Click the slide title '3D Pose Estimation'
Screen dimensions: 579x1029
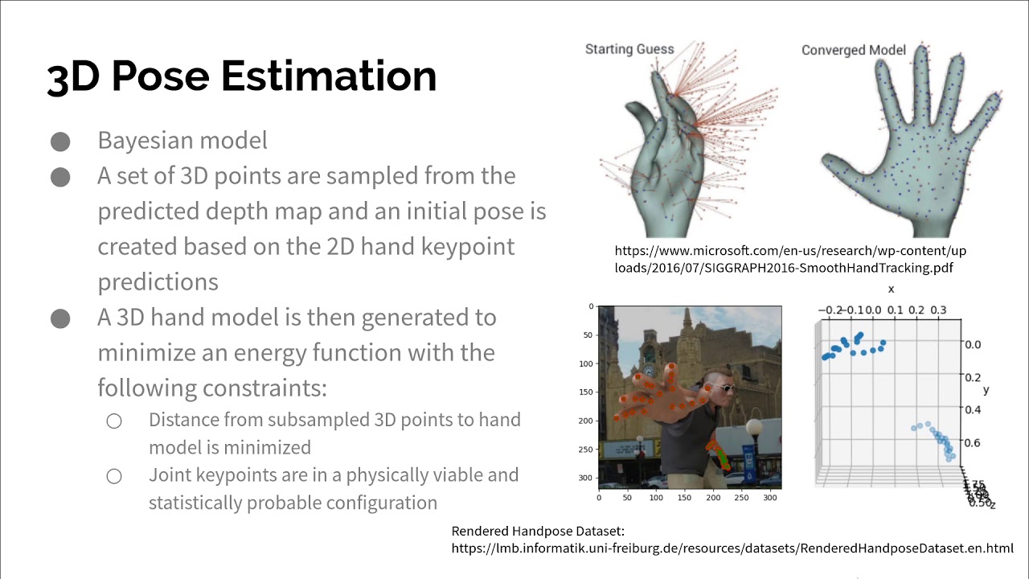[x=241, y=76]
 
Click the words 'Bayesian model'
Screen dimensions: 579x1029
[x=182, y=141]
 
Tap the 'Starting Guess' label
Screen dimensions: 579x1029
[x=629, y=49]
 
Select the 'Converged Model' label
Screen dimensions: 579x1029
[x=853, y=50]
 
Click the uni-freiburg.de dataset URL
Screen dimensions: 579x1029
[x=732, y=548]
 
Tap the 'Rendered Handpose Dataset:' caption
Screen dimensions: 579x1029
[x=538, y=531]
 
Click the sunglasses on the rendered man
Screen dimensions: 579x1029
[x=723, y=388]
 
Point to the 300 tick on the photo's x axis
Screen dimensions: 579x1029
[x=770, y=498]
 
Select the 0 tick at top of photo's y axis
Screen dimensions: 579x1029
[x=591, y=306]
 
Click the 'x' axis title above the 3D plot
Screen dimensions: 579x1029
[x=891, y=289]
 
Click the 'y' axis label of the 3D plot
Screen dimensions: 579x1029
[x=986, y=390]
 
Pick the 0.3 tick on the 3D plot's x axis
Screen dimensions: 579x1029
[x=937, y=310]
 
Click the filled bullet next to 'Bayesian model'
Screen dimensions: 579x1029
[x=60, y=142]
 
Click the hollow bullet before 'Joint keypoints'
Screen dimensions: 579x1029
[x=114, y=476]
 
